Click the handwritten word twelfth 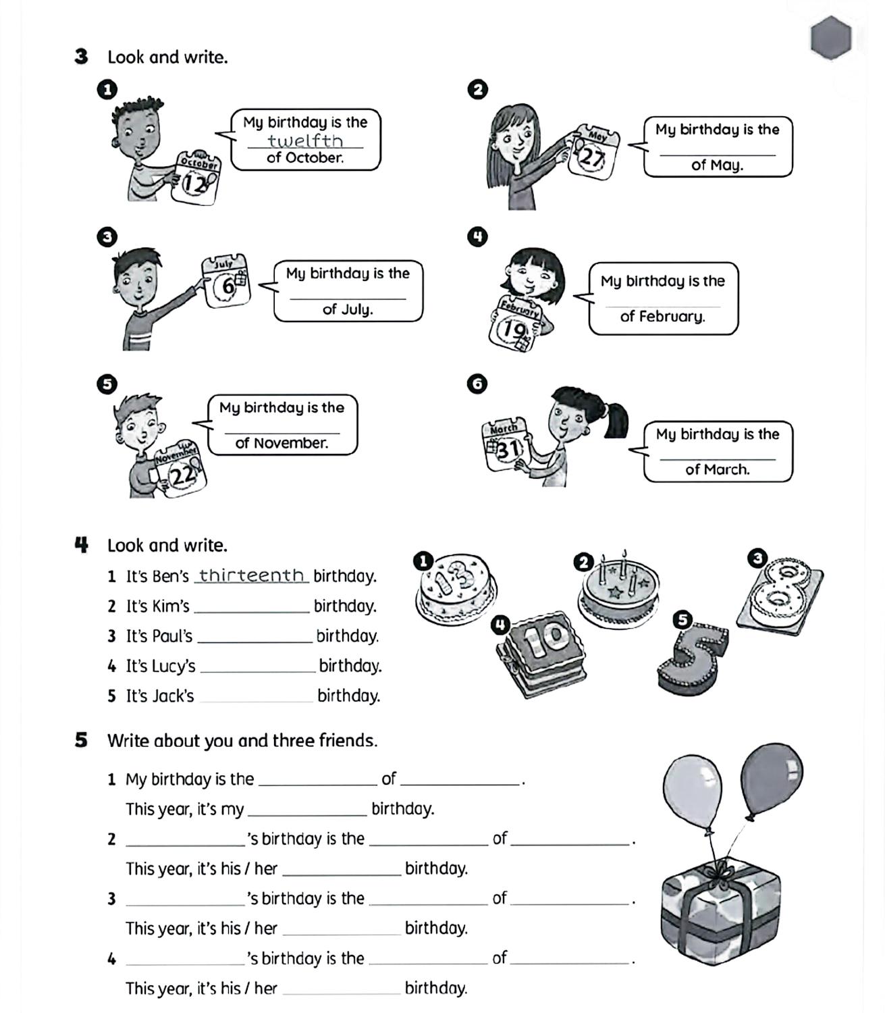click(305, 140)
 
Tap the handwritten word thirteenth click(251, 575)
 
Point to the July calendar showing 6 click(227, 282)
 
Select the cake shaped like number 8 click(782, 593)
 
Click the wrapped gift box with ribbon click(720, 908)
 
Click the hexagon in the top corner click(831, 37)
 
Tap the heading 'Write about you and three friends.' click(242, 741)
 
